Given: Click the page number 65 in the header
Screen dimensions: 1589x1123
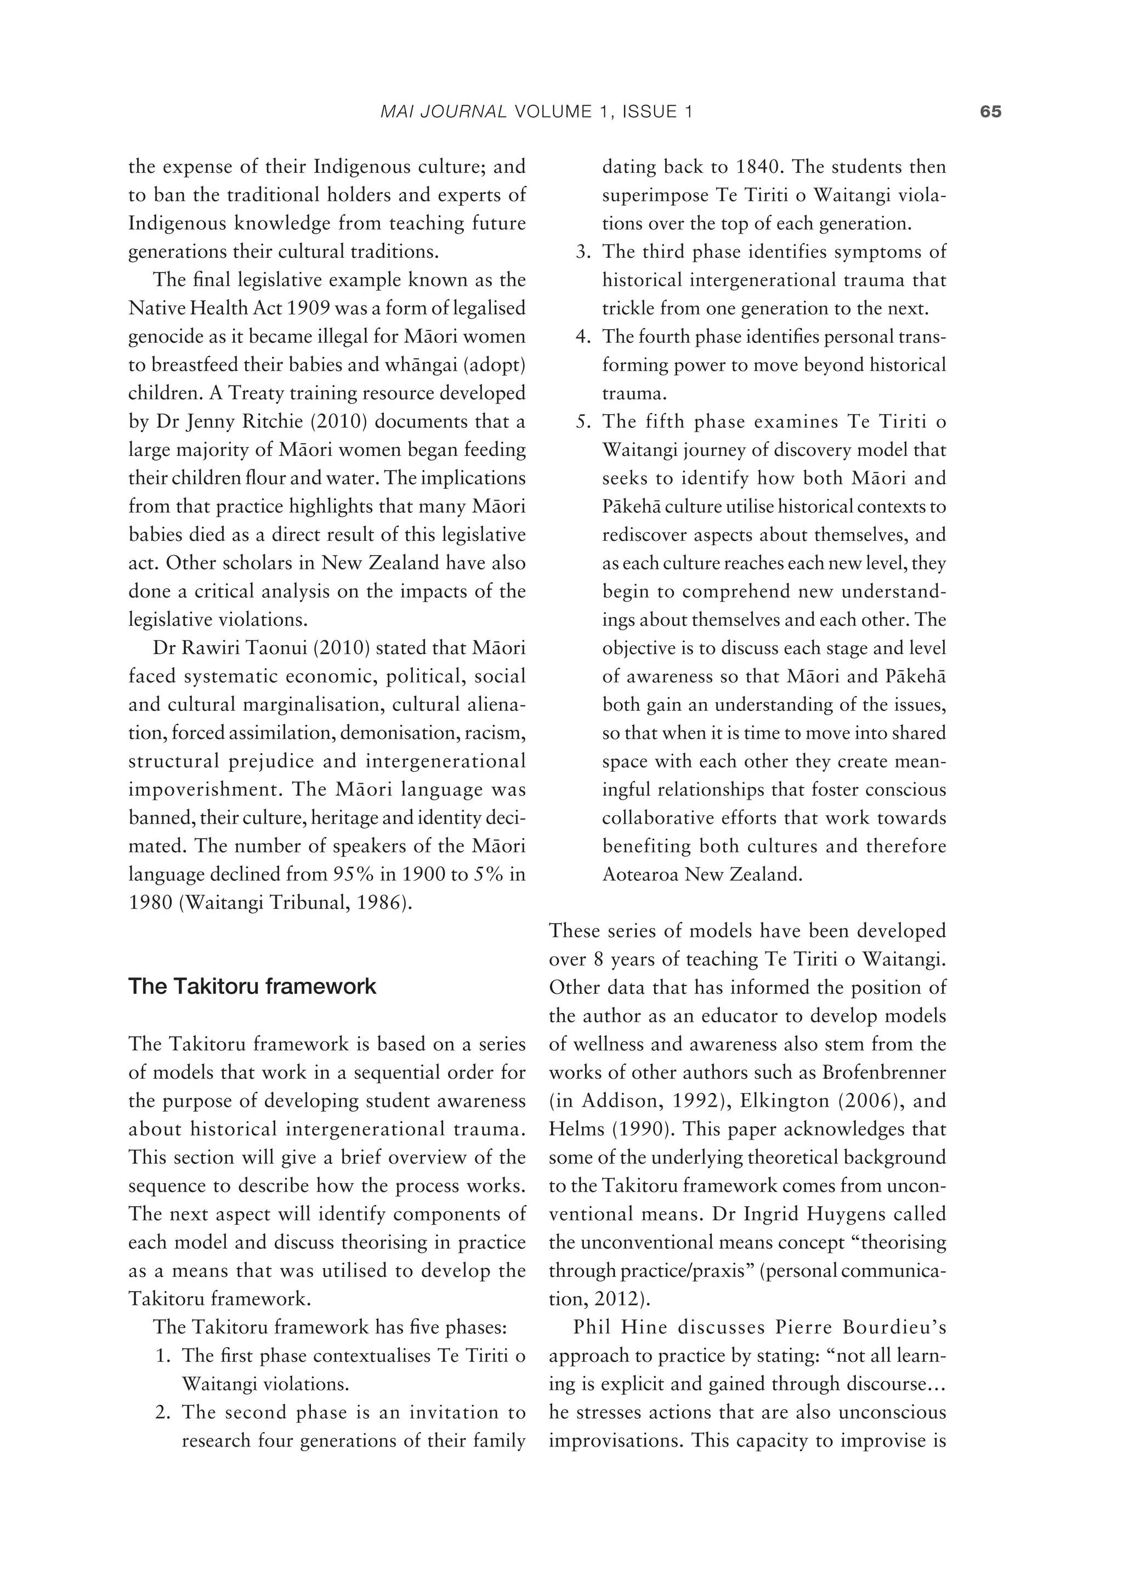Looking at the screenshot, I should (990, 112).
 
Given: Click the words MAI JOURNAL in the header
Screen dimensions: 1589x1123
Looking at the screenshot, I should (444, 112).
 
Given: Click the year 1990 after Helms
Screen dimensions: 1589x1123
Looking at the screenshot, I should (629, 1129).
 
